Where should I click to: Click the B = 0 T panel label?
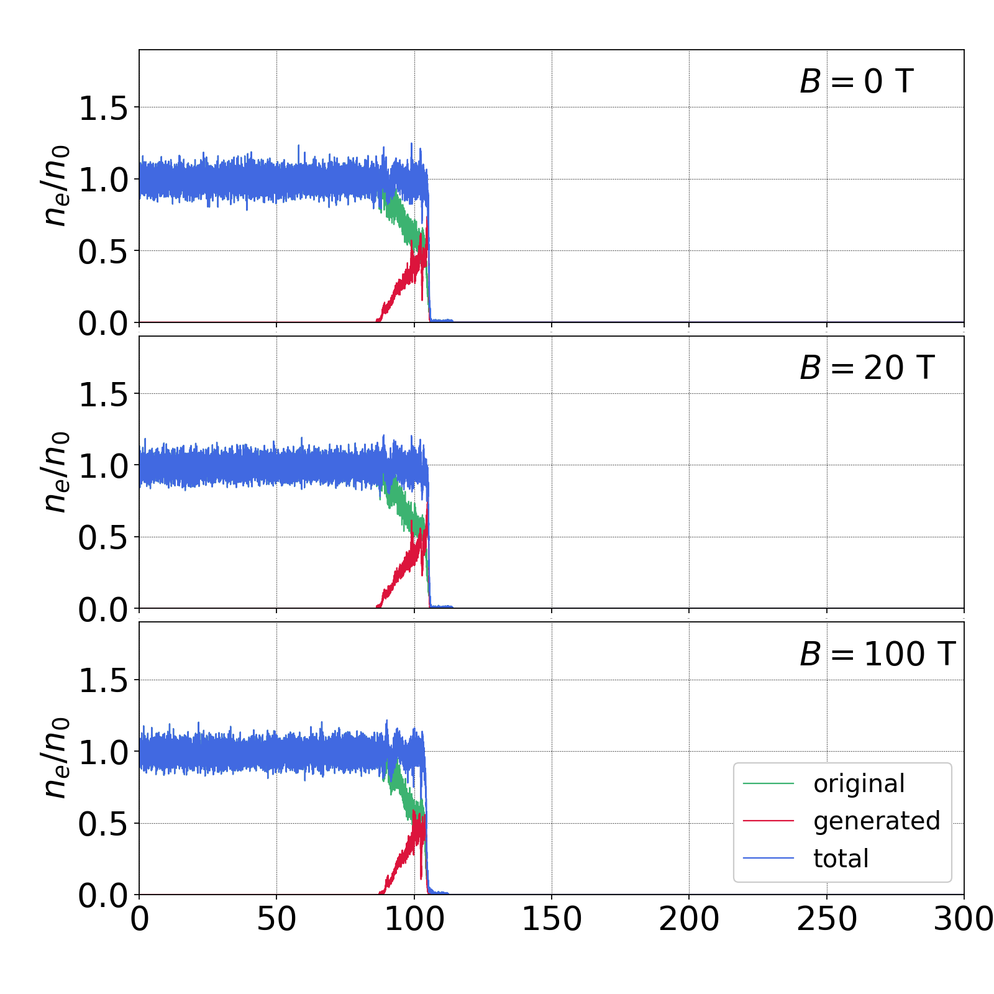[856, 81]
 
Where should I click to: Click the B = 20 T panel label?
[867, 368]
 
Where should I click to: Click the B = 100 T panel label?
[877, 654]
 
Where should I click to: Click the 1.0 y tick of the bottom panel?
[103, 752]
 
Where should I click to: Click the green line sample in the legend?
[768, 784]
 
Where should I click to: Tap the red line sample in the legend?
[768, 821]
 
